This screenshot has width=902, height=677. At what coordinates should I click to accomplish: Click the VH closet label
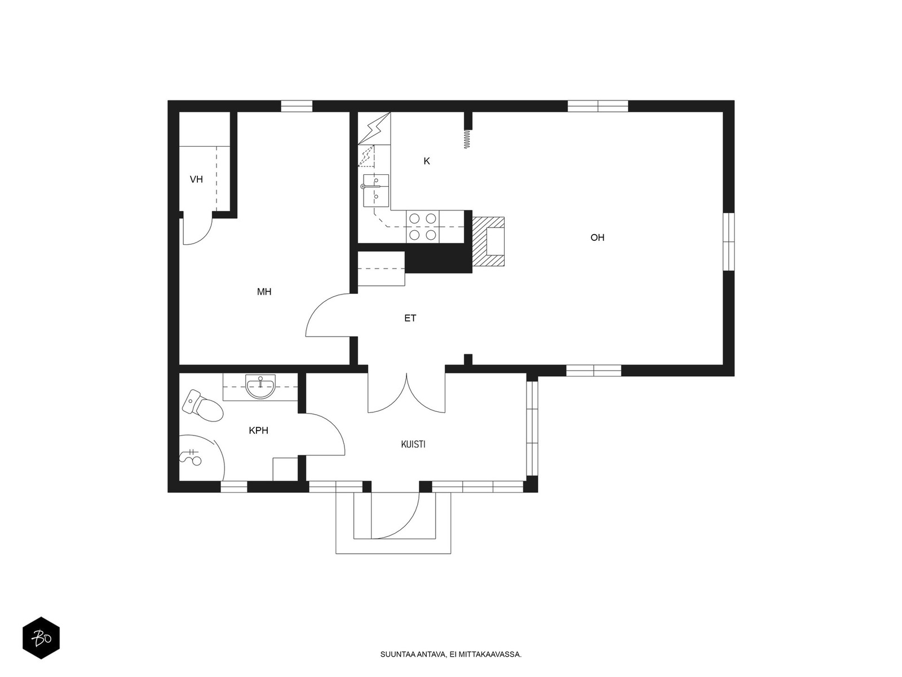tap(196, 179)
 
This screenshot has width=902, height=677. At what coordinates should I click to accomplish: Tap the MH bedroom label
tap(264, 292)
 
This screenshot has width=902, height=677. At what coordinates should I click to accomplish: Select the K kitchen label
tap(427, 161)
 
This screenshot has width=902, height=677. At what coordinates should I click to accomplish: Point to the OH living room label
tap(597, 238)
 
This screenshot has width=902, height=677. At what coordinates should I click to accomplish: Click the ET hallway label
tap(410, 318)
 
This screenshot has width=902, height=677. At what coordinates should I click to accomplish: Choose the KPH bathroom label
tap(258, 431)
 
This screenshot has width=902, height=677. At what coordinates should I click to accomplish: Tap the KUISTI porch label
tap(413, 445)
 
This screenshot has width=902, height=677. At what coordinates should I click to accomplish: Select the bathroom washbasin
tap(260, 386)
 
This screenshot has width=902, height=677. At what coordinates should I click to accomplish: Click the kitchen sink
tap(376, 190)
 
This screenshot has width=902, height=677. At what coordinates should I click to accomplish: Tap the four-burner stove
tap(422, 226)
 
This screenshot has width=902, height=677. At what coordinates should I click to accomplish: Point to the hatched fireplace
tap(488, 241)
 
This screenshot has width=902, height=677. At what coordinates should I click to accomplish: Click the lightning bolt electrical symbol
tap(374, 128)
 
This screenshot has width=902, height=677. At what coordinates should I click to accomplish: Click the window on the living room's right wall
tap(728, 241)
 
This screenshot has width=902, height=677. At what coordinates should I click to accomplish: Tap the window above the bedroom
tap(297, 106)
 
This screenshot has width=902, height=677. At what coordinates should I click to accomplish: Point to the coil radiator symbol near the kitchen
tap(467, 139)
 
